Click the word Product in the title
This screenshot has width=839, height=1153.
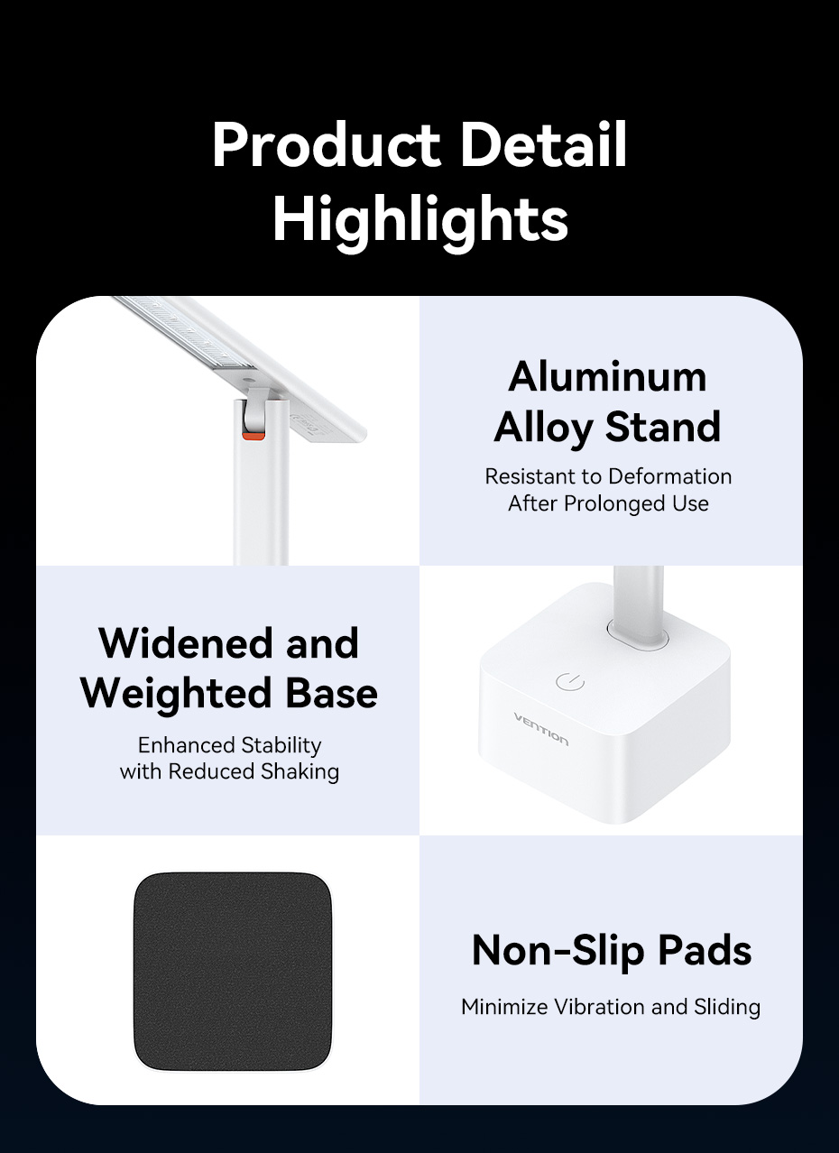click(x=326, y=144)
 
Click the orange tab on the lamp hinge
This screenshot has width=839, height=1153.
click(x=254, y=436)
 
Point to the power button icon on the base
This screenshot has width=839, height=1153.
click(x=570, y=681)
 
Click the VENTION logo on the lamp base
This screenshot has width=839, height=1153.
click(x=541, y=729)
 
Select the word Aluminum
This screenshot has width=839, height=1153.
click(x=607, y=377)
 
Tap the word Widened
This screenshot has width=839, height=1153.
click(x=185, y=643)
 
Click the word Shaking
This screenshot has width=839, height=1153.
click(x=300, y=771)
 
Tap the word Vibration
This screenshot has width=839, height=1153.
click(x=599, y=1007)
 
